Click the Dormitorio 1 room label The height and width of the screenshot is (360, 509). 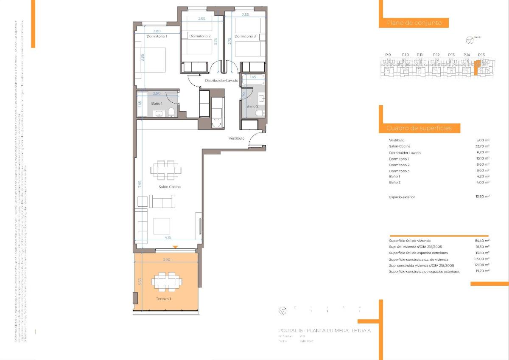pos(157,37)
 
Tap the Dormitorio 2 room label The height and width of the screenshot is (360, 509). pos(200,37)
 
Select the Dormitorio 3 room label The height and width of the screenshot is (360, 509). pos(245,37)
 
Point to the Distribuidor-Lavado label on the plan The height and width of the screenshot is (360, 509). pos(221,81)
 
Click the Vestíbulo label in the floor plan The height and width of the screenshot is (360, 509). pos(236,138)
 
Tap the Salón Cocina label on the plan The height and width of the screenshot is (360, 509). pos(170,187)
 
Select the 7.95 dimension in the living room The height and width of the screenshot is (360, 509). pos(139,184)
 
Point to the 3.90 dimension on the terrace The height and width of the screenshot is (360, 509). pos(167,259)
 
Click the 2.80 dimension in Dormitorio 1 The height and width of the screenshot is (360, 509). pos(157,31)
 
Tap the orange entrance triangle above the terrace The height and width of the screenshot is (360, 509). pos(175,247)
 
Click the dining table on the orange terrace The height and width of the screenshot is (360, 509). pos(167,281)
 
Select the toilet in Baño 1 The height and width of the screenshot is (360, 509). pos(171,112)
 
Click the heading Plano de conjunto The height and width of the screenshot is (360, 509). pos(414,23)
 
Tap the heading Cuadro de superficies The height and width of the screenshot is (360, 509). pos(419,128)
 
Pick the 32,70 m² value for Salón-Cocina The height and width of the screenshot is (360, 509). pos(482,146)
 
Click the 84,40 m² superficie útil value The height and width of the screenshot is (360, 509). pos(482,241)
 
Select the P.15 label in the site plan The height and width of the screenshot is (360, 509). pos(481,55)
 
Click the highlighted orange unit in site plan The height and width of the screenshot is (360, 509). pos(476,68)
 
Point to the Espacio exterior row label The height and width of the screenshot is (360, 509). pos(402,197)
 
